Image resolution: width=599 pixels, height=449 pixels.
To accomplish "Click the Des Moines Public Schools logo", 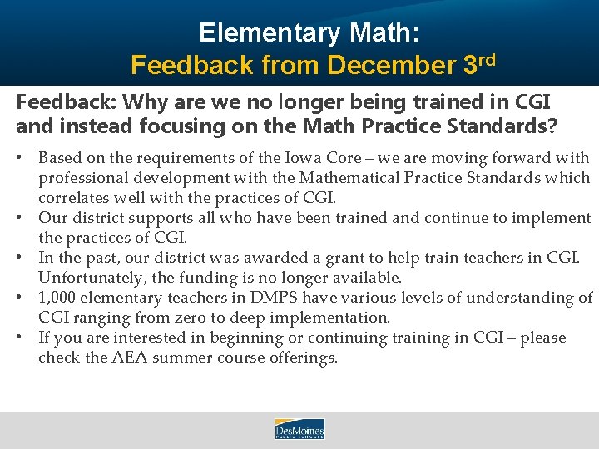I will tap(299, 429).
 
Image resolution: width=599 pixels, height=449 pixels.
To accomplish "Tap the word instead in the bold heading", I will tap(80, 126).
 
